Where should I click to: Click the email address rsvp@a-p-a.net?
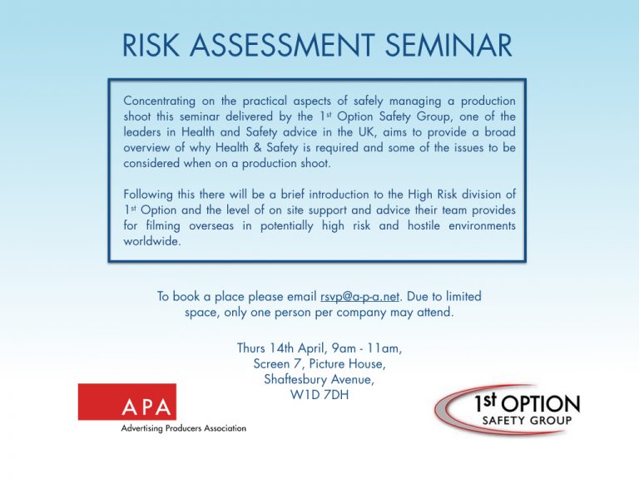360,296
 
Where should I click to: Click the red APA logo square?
127,402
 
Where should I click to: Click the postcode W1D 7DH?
319,394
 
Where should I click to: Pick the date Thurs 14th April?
278,348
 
